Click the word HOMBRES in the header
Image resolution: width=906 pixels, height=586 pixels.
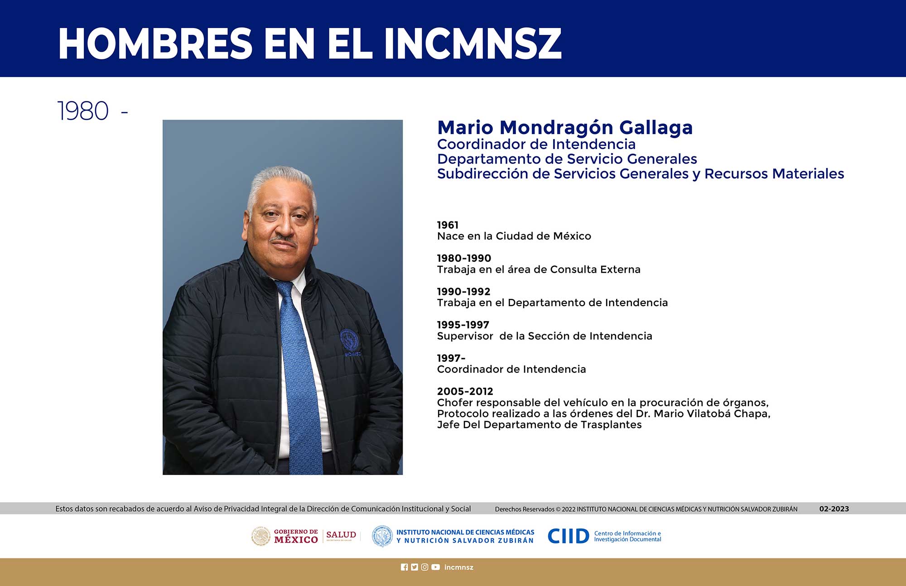pyautogui.click(x=155, y=43)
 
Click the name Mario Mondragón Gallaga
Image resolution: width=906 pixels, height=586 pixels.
pyautogui.click(x=565, y=128)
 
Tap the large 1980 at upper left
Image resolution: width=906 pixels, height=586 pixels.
pyautogui.click(x=83, y=111)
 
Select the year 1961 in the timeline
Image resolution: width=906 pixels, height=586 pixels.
pyautogui.click(x=448, y=225)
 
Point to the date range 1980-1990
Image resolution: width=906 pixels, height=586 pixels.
pyautogui.click(x=464, y=258)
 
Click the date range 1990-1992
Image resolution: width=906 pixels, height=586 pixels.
pyautogui.click(x=463, y=292)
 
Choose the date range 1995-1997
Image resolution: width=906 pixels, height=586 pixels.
pyautogui.click(x=463, y=325)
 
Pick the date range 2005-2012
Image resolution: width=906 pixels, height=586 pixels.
pyautogui.click(x=465, y=391)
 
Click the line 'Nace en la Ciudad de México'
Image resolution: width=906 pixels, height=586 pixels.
pyautogui.click(x=514, y=236)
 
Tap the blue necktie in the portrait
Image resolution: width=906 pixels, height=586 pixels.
pyautogui.click(x=300, y=376)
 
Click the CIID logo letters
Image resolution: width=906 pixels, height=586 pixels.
pyautogui.click(x=569, y=536)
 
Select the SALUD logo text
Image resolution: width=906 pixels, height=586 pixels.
pyautogui.click(x=341, y=535)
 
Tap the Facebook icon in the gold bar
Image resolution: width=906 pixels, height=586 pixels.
pyautogui.click(x=405, y=567)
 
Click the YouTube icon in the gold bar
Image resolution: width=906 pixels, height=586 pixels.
pyautogui.click(x=435, y=567)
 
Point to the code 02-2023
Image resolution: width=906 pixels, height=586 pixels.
pyautogui.click(x=834, y=509)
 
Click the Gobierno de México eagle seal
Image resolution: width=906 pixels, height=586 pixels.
pyautogui.click(x=261, y=536)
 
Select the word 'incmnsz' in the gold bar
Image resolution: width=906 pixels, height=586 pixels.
pyautogui.click(x=459, y=567)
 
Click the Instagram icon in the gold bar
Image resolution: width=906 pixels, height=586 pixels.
pyautogui.click(x=424, y=567)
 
